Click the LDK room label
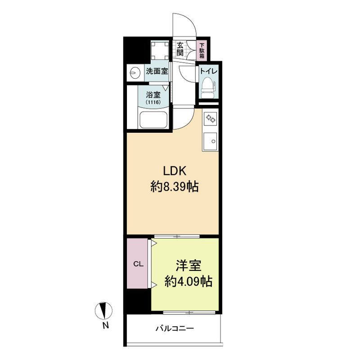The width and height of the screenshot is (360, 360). (174, 171)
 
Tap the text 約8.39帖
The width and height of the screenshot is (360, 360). (175, 186)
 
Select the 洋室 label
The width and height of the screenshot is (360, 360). (189, 265)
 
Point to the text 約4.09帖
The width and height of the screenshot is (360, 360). (188, 281)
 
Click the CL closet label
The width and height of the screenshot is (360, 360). (139, 264)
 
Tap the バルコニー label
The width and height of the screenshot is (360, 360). (175, 328)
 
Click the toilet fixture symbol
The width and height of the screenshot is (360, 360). (208, 88)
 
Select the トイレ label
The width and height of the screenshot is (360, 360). (208, 71)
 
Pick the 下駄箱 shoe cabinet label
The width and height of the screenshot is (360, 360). (202, 51)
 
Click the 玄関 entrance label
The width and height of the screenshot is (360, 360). (180, 49)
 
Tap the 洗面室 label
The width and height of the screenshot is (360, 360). (157, 72)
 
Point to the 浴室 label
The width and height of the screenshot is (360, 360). (153, 95)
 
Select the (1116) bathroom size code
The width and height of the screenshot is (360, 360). (153, 103)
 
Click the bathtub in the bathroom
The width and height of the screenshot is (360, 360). (153, 120)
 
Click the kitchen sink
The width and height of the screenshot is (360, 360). (210, 142)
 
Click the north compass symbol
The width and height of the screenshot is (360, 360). (104, 310)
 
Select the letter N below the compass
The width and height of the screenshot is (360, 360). (105, 326)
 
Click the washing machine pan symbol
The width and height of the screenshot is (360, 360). (160, 50)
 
